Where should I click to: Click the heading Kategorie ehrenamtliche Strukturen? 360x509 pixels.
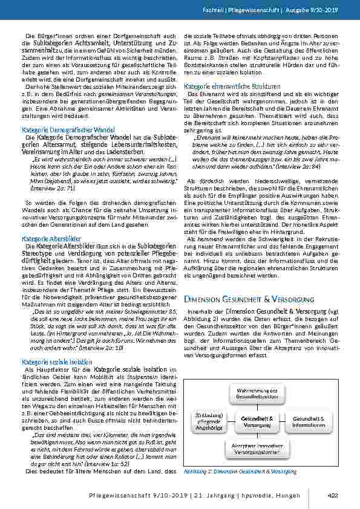pyautogui.click(x=224, y=86)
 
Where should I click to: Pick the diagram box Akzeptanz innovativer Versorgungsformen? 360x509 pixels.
pyautogui.click(x=257, y=448)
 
